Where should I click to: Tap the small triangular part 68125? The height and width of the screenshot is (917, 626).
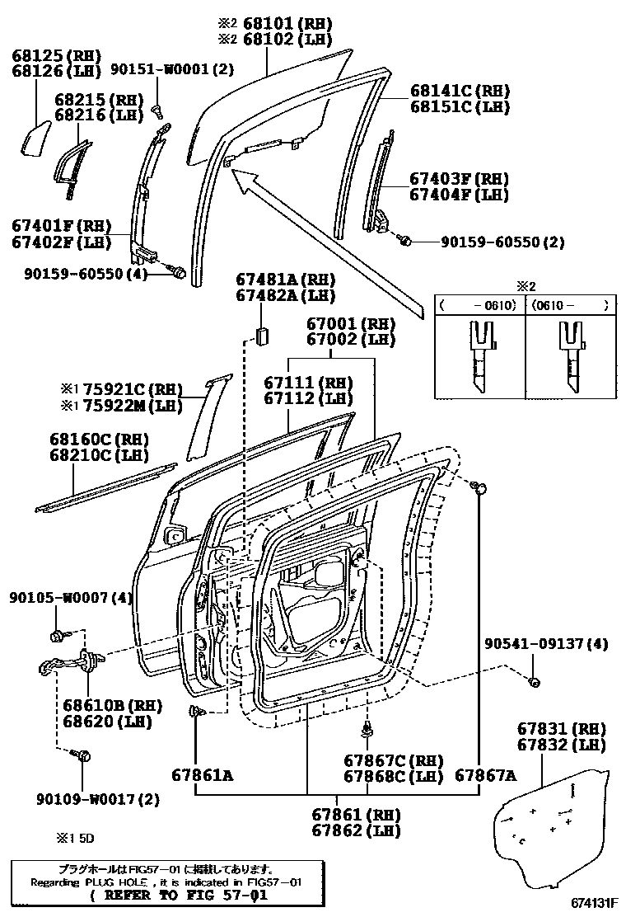(x=34, y=137)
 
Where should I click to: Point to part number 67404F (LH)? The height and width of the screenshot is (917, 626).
(x=460, y=195)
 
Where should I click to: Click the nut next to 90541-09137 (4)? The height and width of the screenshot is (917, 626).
(x=533, y=681)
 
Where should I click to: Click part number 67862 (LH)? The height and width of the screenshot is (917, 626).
(x=356, y=830)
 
